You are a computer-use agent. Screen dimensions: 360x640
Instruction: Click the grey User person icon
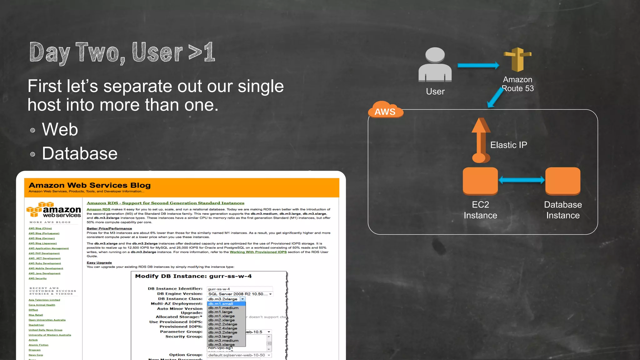point(435,65)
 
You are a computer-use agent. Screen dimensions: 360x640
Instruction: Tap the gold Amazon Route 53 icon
point(517,59)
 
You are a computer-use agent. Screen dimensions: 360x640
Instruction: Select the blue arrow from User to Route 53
point(478,65)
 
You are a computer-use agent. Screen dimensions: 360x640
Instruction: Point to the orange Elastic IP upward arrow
point(481,141)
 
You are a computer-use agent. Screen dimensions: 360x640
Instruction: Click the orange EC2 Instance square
point(480,181)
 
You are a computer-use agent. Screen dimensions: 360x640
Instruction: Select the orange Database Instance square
point(563,181)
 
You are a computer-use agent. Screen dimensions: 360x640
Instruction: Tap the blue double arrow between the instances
point(522,180)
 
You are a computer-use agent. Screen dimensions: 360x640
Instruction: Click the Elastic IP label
point(508,145)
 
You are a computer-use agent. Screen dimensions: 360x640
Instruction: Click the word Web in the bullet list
point(60,129)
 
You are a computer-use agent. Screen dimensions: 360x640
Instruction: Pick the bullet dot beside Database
point(32,154)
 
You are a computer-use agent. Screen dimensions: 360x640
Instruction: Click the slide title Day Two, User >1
point(122,52)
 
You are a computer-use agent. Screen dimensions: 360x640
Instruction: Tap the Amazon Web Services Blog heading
point(90,185)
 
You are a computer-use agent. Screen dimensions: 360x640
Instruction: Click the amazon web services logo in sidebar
point(54,210)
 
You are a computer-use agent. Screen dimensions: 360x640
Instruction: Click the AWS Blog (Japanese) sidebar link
point(42,243)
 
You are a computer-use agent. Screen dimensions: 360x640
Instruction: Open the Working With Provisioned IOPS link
point(258,252)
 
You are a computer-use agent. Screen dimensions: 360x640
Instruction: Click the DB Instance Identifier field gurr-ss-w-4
point(239,289)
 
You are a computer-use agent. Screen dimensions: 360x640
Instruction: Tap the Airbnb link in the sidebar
point(33,340)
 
